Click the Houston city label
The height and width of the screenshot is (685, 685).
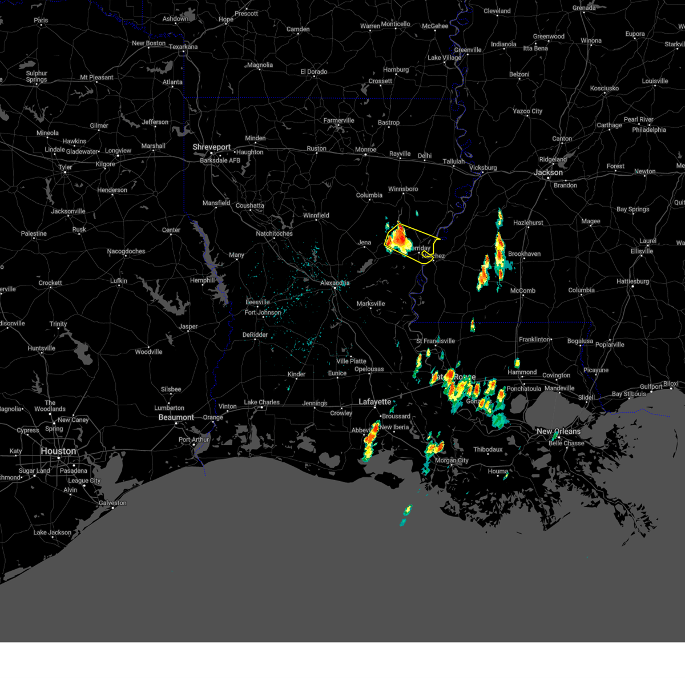[58, 451]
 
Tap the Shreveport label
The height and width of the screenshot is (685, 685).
[211, 147]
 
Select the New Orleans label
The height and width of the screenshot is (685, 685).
[558, 432]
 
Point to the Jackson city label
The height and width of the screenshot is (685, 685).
[548, 172]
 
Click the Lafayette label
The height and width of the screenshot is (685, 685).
[374, 402]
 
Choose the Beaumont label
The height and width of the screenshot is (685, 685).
[176, 417]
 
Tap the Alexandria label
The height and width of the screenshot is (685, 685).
[335, 283]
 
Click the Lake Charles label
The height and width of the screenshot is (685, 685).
[261, 402]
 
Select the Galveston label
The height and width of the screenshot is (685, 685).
[112, 503]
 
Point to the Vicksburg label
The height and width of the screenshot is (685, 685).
[482, 168]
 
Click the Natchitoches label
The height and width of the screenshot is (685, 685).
[274, 233]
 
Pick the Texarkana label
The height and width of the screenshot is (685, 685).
[183, 47]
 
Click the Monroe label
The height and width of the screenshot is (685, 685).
[365, 150]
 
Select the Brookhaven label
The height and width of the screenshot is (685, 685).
[524, 254]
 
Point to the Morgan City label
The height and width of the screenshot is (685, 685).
[452, 461]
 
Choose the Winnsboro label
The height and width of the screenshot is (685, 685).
[403, 189]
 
